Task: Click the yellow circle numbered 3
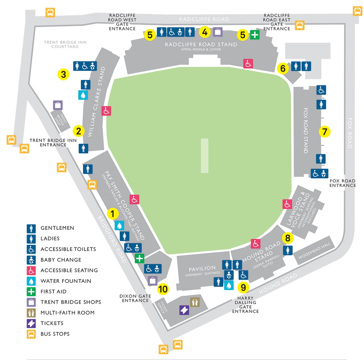64,74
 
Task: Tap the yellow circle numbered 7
325,131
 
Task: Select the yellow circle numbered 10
163,289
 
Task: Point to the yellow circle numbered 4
205,32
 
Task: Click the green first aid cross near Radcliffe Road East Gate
254,35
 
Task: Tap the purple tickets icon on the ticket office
184,310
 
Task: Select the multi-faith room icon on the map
195,302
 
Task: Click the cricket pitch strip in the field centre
205,156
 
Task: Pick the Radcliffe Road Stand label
201,44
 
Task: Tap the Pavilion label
202,268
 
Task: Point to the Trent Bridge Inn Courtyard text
65,44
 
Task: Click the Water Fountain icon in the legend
31,281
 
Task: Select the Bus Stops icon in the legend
31,334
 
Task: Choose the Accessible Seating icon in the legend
31,270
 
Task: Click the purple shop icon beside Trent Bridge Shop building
58,105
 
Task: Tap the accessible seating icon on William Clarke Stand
106,111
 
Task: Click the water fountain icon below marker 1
119,226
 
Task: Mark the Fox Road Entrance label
343,183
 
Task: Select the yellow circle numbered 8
288,238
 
